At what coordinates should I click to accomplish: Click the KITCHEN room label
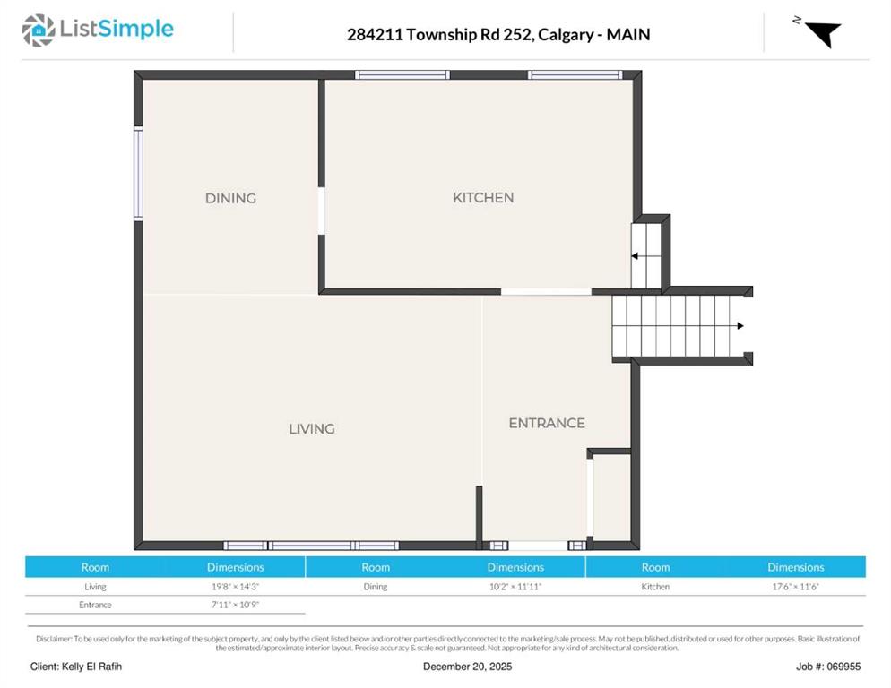pos(483,198)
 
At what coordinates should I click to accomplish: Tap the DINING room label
pos(230,198)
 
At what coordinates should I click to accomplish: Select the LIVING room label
pos(311,429)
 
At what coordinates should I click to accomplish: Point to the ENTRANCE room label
pos(547,423)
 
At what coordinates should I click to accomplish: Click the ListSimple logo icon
pos(39,30)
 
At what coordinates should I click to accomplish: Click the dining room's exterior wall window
pos(138,174)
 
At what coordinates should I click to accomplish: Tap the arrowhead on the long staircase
pos(740,325)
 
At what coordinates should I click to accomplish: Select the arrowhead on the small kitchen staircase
pos(635,256)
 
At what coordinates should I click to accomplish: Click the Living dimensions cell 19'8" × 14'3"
pos(235,586)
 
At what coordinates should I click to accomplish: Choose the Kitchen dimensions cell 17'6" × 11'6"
pos(796,586)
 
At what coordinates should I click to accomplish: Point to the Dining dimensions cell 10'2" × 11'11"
pos(515,586)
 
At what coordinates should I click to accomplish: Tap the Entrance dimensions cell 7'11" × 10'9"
pos(235,605)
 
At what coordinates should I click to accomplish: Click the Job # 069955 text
pos(828,666)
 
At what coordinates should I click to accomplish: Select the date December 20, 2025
pos(467,666)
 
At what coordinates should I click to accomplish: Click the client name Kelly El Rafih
pos(91,666)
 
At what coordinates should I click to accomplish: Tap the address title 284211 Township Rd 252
pos(440,35)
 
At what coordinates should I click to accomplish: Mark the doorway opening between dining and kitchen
pos(322,211)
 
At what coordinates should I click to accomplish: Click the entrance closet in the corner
pos(611,497)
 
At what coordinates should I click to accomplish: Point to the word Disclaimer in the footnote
pos(54,639)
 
